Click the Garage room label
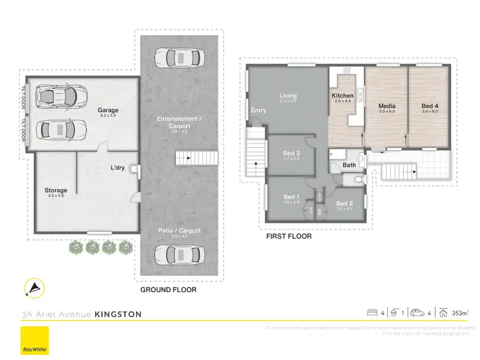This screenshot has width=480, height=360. (x=108, y=110)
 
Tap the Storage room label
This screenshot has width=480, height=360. (x=56, y=190)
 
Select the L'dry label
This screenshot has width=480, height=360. (x=117, y=169)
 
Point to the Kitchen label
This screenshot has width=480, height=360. (x=342, y=96)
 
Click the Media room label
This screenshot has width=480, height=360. (x=387, y=106)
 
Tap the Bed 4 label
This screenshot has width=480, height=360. (x=430, y=106)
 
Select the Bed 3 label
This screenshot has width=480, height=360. (x=291, y=153)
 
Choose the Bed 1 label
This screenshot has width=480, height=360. (x=291, y=197)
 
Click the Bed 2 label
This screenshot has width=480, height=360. (x=344, y=204)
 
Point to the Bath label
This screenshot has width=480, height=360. (x=349, y=165)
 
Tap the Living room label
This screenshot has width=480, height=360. (x=288, y=96)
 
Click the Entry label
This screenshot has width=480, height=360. (x=259, y=110)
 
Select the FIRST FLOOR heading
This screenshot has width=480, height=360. (x=289, y=236)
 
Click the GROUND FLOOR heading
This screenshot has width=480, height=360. (x=168, y=290)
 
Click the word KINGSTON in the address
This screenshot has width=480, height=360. (x=118, y=315)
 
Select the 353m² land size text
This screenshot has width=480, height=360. (x=459, y=313)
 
